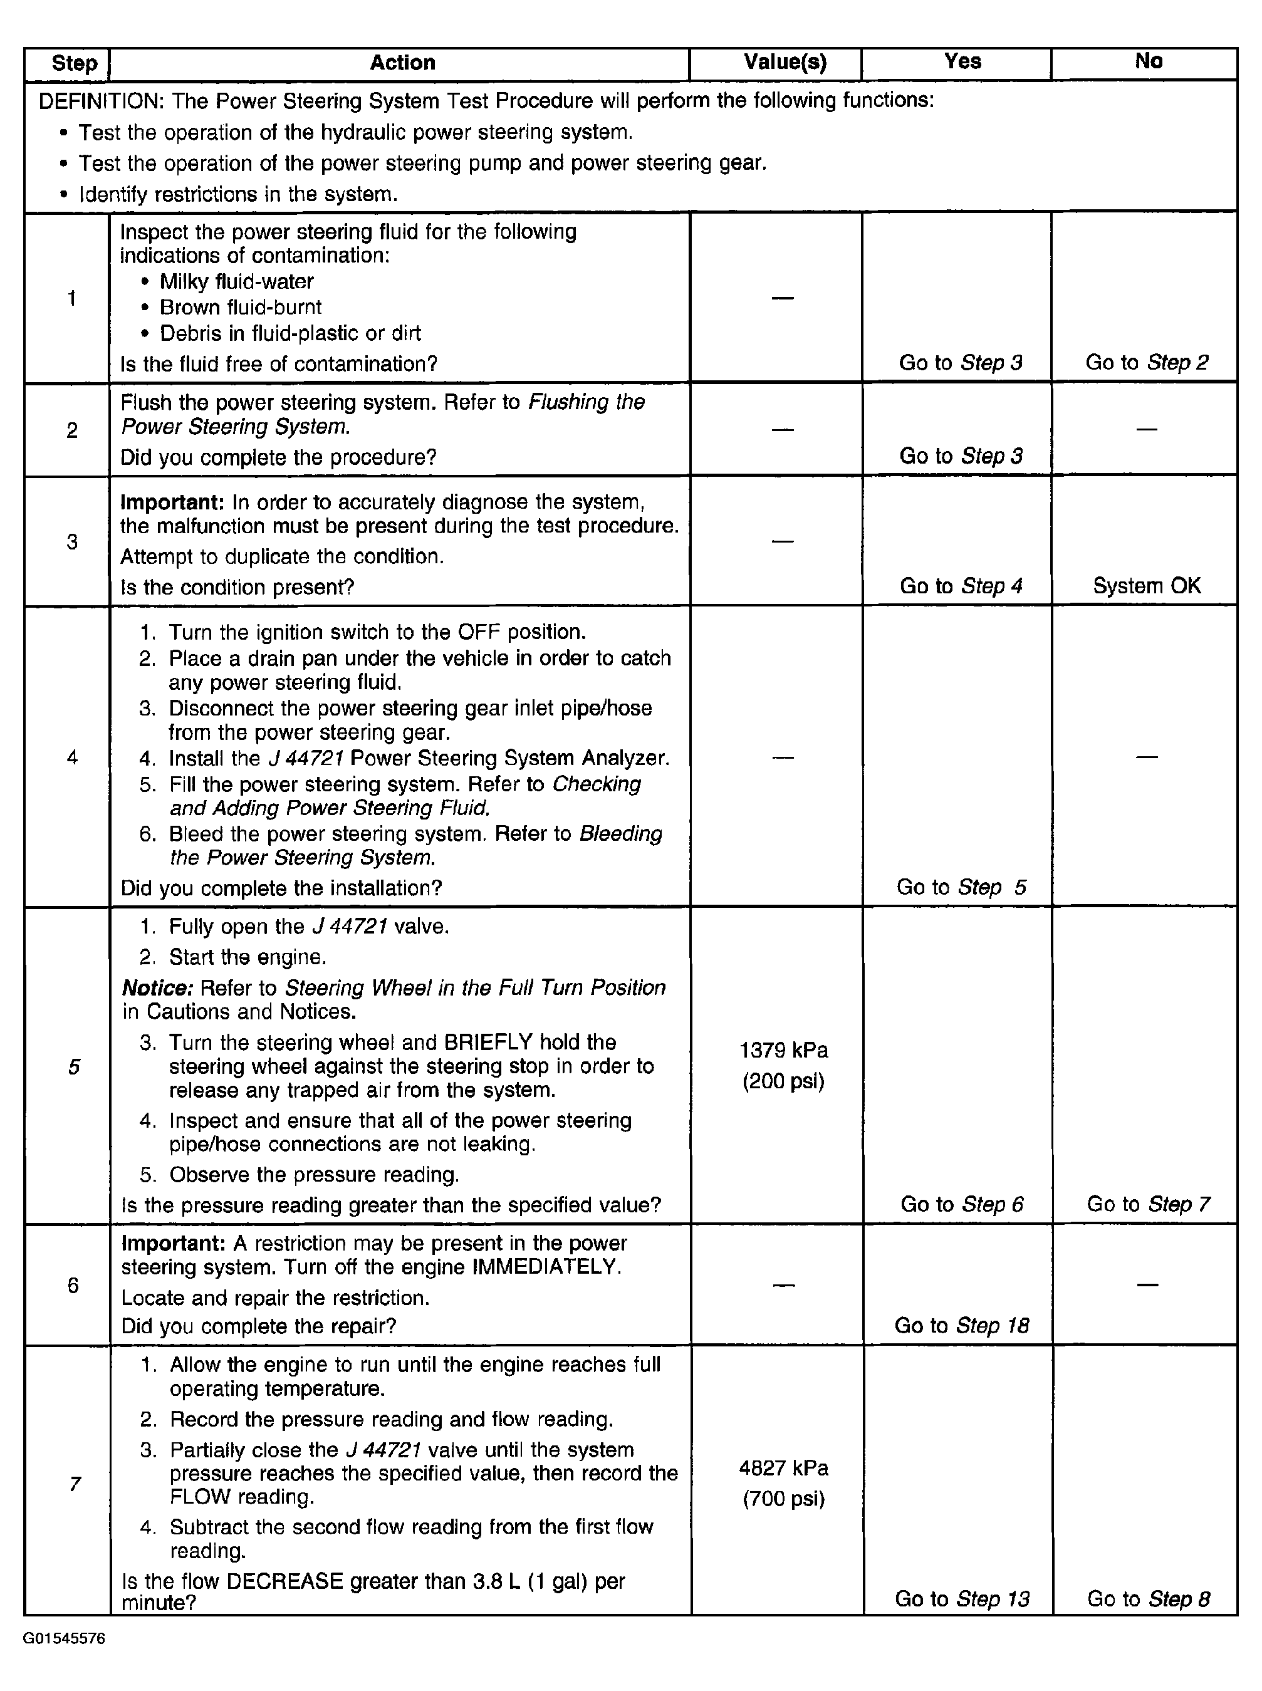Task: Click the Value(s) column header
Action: click(x=785, y=63)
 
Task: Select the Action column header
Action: click(x=402, y=63)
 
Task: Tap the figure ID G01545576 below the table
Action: click(x=64, y=1638)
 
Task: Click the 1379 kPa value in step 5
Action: click(x=784, y=1050)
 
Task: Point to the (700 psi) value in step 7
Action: click(x=784, y=1499)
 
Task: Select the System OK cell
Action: click(x=1147, y=586)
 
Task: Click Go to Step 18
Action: click(x=962, y=1325)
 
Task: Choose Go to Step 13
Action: click(x=962, y=1598)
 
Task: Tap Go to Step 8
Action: click(x=1148, y=1598)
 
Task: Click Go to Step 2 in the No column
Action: click(x=1147, y=362)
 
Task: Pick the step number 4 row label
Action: click(x=72, y=757)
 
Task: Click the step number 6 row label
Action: click(x=73, y=1286)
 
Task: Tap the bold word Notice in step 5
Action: click(x=157, y=988)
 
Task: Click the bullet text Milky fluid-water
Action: click(x=237, y=282)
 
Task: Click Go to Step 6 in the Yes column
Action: click(x=962, y=1204)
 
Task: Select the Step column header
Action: click(x=74, y=63)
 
